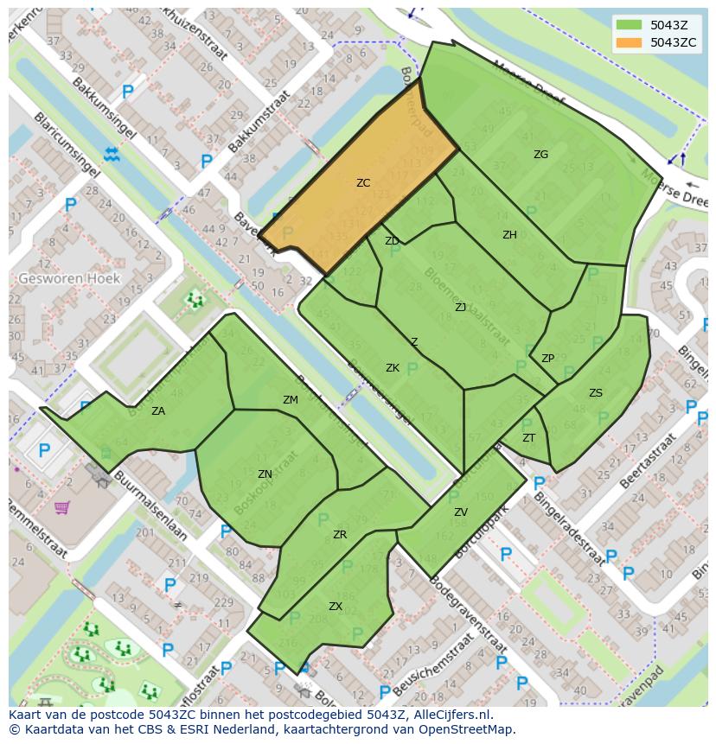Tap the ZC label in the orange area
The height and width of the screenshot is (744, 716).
(x=363, y=183)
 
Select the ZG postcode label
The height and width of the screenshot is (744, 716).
(x=540, y=155)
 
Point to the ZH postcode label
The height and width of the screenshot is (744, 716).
(x=509, y=235)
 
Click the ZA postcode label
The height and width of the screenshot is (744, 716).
(x=158, y=411)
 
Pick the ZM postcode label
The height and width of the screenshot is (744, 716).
(x=291, y=400)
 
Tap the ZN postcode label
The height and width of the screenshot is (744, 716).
(x=265, y=474)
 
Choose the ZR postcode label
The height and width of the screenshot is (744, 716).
(x=340, y=535)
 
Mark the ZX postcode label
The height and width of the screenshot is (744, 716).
(x=336, y=607)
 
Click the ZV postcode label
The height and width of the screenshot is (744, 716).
(x=461, y=512)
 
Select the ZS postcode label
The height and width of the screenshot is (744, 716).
(x=596, y=393)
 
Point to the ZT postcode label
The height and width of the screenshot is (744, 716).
(x=529, y=438)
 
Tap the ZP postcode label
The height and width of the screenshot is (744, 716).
(x=547, y=359)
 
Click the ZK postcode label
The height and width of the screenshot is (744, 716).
(x=393, y=368)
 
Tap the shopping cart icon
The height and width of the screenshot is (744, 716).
(x=61, y=507)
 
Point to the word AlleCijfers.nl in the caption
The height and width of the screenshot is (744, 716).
(x=450, y=715)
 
